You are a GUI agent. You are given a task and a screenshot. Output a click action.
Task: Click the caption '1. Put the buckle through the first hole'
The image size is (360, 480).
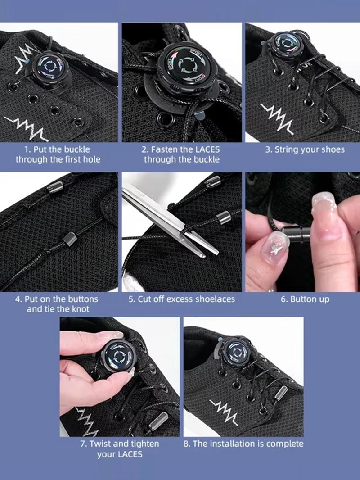click(x=58, y=154)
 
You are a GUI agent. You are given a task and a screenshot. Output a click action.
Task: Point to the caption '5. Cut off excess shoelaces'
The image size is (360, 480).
click(x=181, y=299)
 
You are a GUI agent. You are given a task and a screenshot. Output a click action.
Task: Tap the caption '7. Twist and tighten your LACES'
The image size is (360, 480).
click(x=119, y=449)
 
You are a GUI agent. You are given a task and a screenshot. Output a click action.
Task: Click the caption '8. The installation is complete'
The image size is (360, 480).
click(x=243, y=444)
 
